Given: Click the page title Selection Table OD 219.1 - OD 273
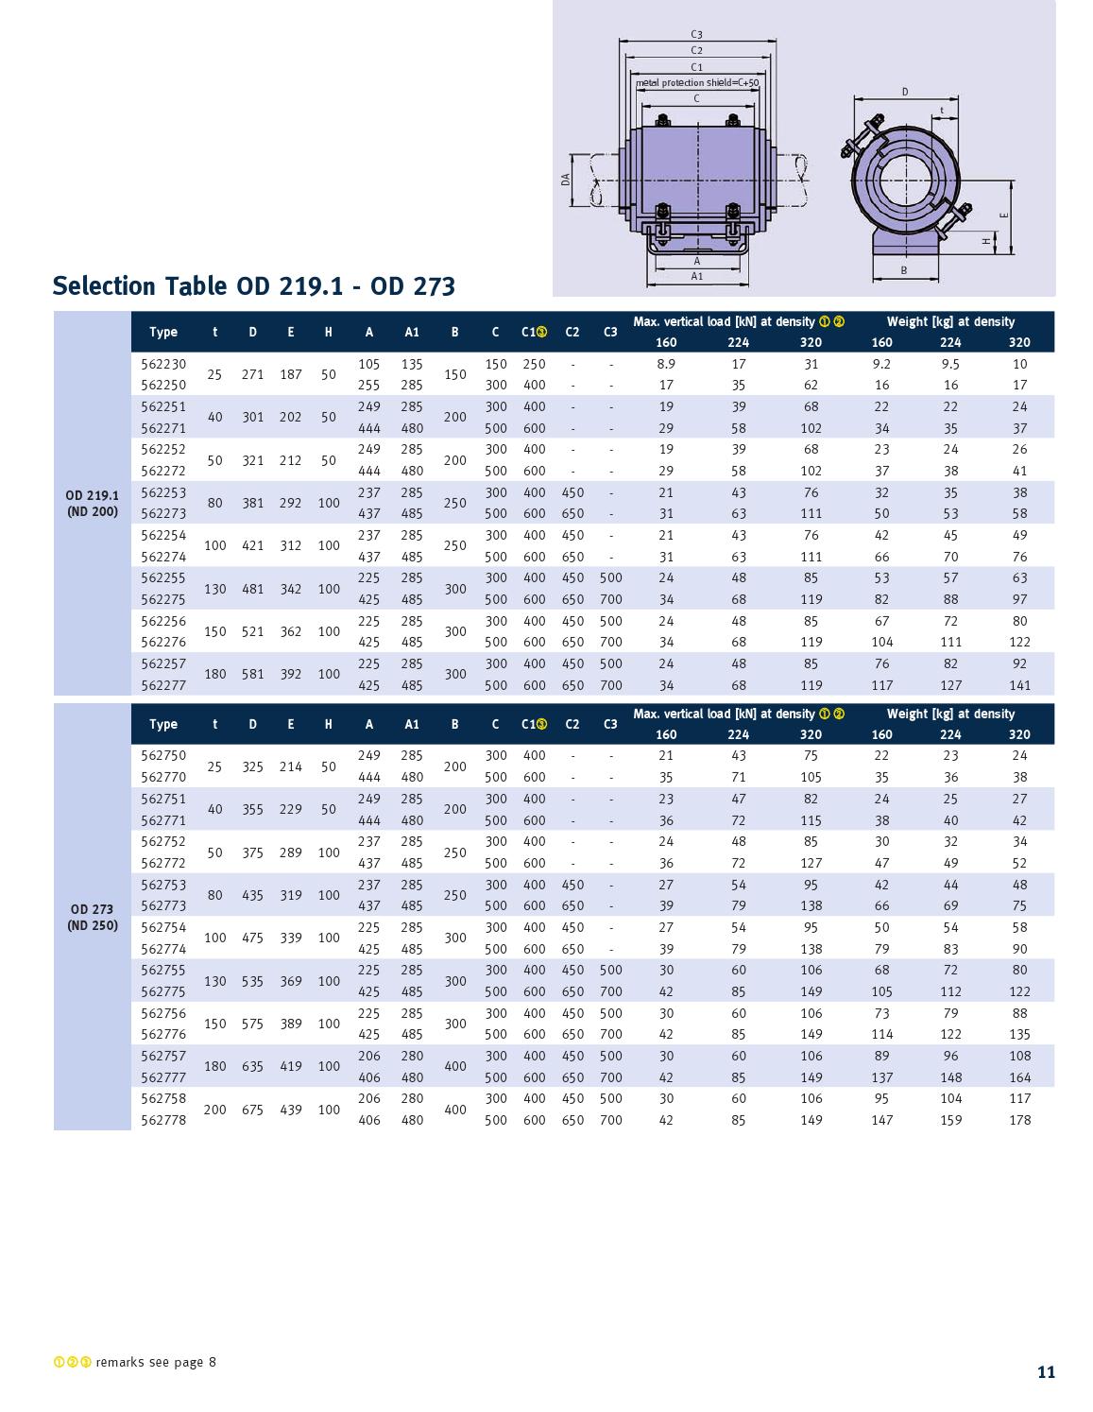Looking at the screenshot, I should point(253,285).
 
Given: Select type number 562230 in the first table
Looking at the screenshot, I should point(163,364).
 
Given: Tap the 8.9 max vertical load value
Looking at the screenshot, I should point(666,364).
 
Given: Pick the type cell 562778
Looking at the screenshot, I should point(163,1120).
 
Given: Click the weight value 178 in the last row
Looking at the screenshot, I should point(1019,1120).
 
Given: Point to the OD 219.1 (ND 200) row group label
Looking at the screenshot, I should point(93,503).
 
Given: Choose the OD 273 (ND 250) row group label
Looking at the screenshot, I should point(93,917).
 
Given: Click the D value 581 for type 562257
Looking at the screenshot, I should point(252,674).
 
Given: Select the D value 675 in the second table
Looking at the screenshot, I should point(252,1110).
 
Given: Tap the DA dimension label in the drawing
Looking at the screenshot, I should point(566,178).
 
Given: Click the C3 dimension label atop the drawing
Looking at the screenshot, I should point(696,35).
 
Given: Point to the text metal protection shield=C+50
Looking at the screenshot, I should point(697,83).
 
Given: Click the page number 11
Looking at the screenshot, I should point(1046,1372).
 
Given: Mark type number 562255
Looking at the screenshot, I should point(163,577).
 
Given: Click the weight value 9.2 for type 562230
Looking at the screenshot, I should point(881,364).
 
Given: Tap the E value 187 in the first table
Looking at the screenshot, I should point(290,374).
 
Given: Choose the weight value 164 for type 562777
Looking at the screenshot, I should point(1019,1077).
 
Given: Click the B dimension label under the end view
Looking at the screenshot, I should point(904,270).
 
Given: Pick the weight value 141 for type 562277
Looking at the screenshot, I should point(1019,685).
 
